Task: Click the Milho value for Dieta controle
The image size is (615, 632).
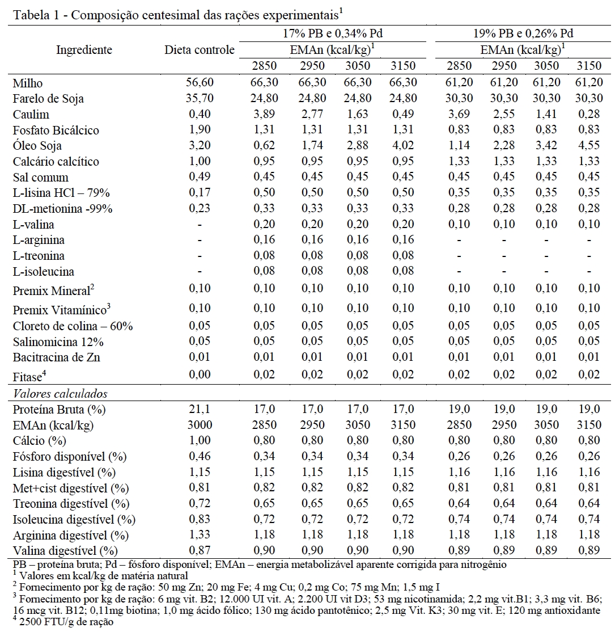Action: pos(200,83)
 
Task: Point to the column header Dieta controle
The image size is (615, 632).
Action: pos(200,50)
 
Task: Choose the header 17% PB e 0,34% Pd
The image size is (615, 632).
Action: pos(336,34)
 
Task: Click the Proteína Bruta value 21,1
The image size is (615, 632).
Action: pos(200,410)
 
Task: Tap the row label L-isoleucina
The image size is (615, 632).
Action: pos(44,272)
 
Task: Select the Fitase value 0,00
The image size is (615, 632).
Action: pos(200,374)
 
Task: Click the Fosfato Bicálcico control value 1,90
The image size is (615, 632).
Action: pos(200,130)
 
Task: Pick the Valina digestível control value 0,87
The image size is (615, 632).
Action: pos(200,551)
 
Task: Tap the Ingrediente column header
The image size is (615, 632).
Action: pos(84,50)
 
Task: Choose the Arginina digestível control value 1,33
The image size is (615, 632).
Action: pos(200,535)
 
